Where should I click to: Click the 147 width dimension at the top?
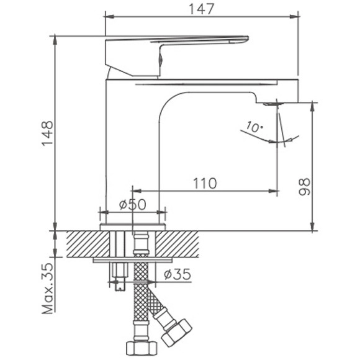(x=200, y=9)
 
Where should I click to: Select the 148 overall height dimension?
(x=47, y=133)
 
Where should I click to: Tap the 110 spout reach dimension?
(x=204, y=183)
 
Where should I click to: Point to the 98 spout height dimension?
(x=304, y=186)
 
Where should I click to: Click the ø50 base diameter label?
(x=132, y=204)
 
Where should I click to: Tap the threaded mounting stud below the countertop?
(x=117, y=273)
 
